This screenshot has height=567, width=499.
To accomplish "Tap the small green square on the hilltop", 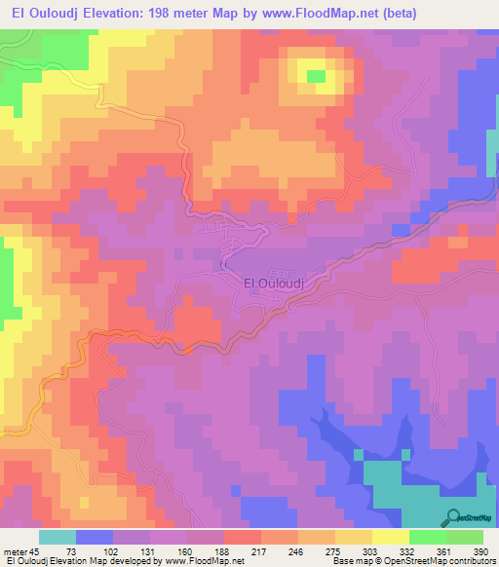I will [x=316, y=75].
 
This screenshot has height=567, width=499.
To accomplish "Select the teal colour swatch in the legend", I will [x=58, y=537].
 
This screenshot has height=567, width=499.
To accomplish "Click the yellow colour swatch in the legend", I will [x=390, y=537].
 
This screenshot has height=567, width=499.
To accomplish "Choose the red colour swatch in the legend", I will [x=242, y=537].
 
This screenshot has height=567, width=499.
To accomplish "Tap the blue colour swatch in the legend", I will [x=95, y=537].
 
